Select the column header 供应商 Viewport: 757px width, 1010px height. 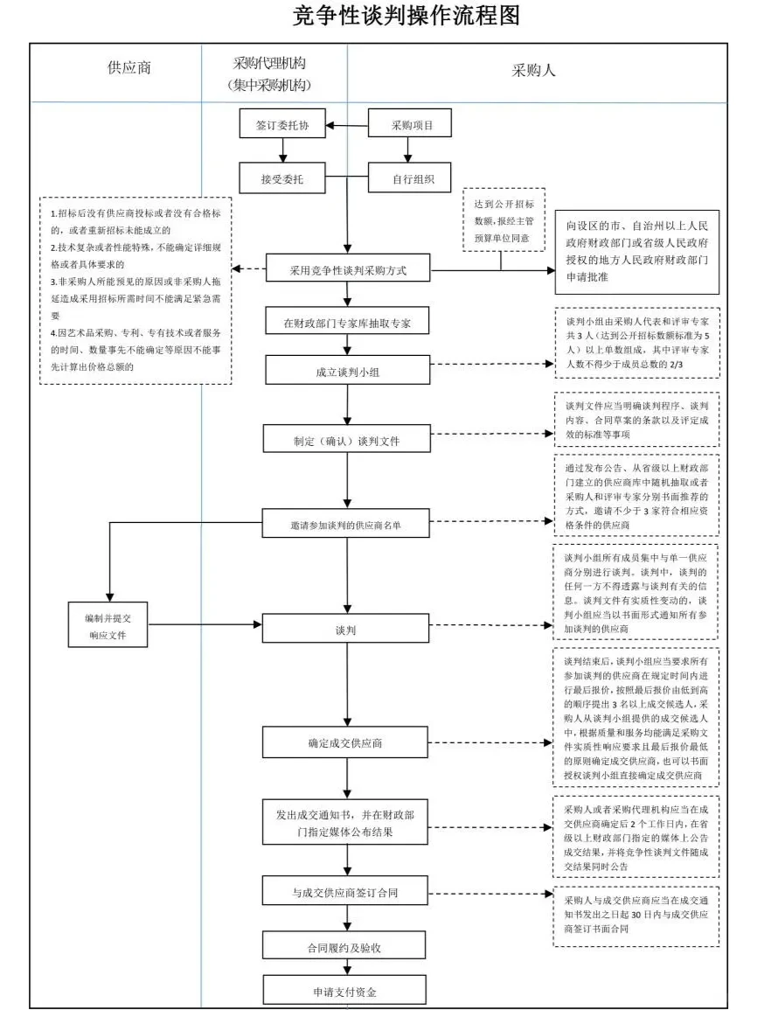[128, 68]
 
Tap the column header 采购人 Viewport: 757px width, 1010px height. [533, 70]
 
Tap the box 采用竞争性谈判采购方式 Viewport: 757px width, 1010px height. [348, 270]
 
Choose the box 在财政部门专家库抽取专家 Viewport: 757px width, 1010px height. [348, 323]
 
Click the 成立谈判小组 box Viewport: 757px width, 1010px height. [348, 371]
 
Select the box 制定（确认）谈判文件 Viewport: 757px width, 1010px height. [348, 440]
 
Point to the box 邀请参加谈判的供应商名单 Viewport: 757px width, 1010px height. [348, 525]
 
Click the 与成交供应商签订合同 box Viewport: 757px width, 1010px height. [348, 893]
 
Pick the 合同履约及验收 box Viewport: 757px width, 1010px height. [348, 946]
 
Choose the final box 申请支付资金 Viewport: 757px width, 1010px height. [348, 991]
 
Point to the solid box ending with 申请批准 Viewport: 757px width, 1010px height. [636, 252]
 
